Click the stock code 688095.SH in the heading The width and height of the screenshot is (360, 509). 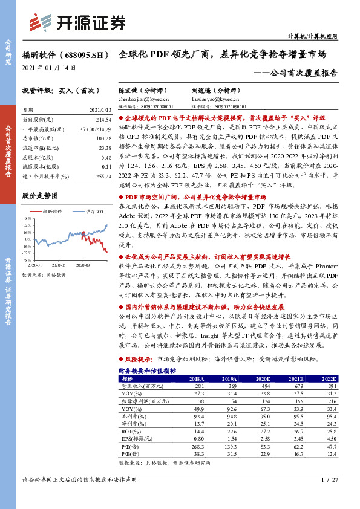80,54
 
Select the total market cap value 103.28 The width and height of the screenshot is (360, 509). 103,139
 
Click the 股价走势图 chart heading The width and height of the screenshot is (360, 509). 40,196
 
